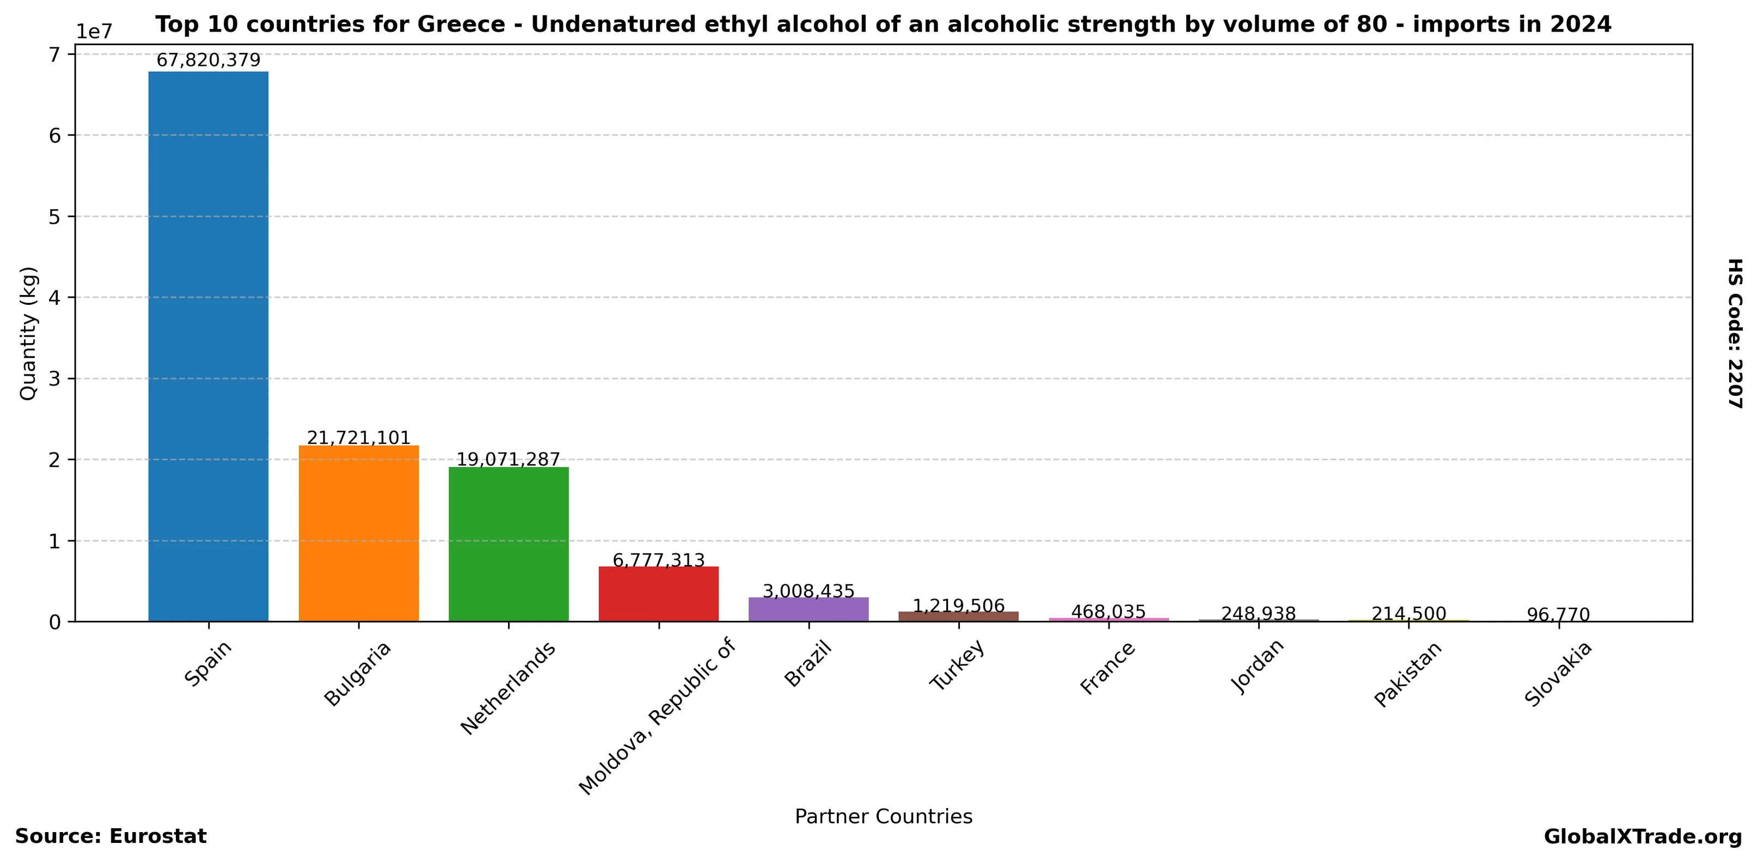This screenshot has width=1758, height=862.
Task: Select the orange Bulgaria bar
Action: pos(358,533)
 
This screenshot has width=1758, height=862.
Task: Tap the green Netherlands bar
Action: pos(509,544)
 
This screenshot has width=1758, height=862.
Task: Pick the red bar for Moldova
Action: pos(659,594)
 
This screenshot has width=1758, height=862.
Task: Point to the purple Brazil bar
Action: pos(808,609)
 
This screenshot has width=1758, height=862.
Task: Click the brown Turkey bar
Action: pos(958,616)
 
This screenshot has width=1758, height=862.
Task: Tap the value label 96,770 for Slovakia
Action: pos(1558,615)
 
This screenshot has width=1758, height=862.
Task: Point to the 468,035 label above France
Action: pos(1108,612)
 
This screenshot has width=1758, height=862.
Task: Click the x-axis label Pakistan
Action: pos(1408,674)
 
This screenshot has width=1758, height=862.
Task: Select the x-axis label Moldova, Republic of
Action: pos(657,716)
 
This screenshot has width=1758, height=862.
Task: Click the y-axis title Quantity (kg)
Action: pos(28,333)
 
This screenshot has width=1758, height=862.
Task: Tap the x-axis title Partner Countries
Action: pos(883,816)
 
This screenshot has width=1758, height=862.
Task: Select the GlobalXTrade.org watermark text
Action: pos(1643,837)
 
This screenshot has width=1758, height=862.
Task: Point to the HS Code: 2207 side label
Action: pos(1734,333)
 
